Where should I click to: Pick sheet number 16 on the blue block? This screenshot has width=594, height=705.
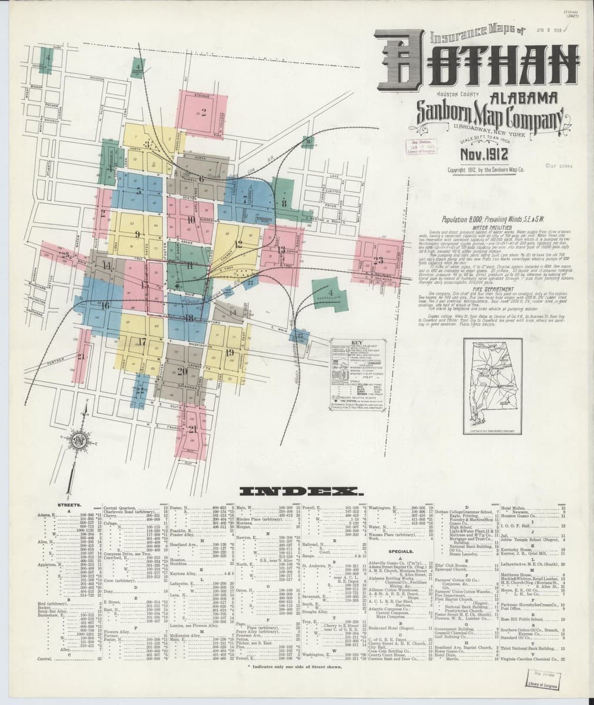coord(103,305)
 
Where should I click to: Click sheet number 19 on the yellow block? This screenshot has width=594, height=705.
coord(229,352)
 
